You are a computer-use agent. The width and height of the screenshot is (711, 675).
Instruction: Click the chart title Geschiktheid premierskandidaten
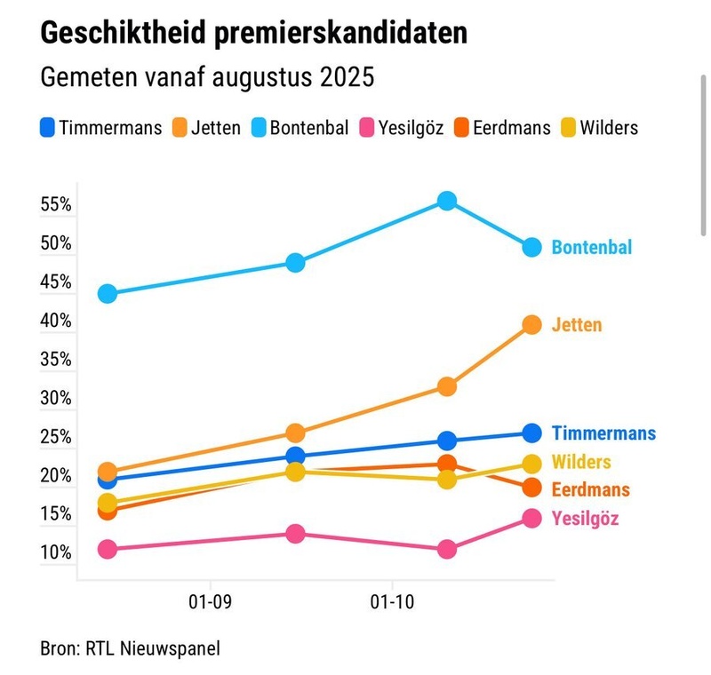pos(253,34)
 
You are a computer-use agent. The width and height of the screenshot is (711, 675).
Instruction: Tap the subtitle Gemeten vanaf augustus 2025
pos(207,76)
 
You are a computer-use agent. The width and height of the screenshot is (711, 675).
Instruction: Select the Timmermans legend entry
pos(101,127)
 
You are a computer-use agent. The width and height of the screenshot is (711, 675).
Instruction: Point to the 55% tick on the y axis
pos(56,204)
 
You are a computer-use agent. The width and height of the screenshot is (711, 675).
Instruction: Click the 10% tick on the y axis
pos(56,552)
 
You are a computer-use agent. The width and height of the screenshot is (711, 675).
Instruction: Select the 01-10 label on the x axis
pos(392,601)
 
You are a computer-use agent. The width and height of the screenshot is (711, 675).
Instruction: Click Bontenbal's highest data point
pos(447,201)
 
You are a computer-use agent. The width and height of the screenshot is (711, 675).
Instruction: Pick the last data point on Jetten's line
pos(531,324)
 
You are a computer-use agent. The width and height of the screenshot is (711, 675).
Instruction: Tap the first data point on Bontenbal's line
pos(108,294)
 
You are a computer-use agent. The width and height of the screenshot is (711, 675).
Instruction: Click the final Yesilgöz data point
pos(531,518)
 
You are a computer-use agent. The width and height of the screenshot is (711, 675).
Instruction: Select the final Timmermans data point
pos(531,433)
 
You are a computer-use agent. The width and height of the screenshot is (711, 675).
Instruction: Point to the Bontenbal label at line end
pos(591,247)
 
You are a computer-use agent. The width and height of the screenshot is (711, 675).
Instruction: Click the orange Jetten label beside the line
pos(576,325)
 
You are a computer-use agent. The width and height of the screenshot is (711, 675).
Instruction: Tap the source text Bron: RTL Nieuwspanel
pos(130,648)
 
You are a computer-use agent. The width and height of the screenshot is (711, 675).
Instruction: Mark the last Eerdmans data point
pos(531,488)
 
